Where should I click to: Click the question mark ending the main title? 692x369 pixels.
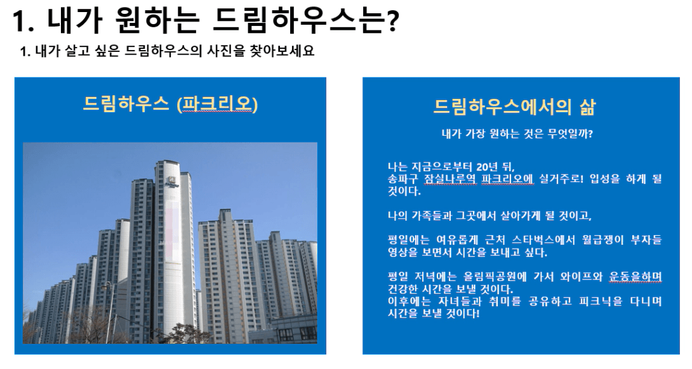tap(391, 21)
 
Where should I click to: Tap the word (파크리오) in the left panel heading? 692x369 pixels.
tap(216, 105)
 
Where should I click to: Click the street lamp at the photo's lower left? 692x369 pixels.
tap(109, 309)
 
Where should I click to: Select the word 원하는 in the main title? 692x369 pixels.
tap(156, 20)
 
